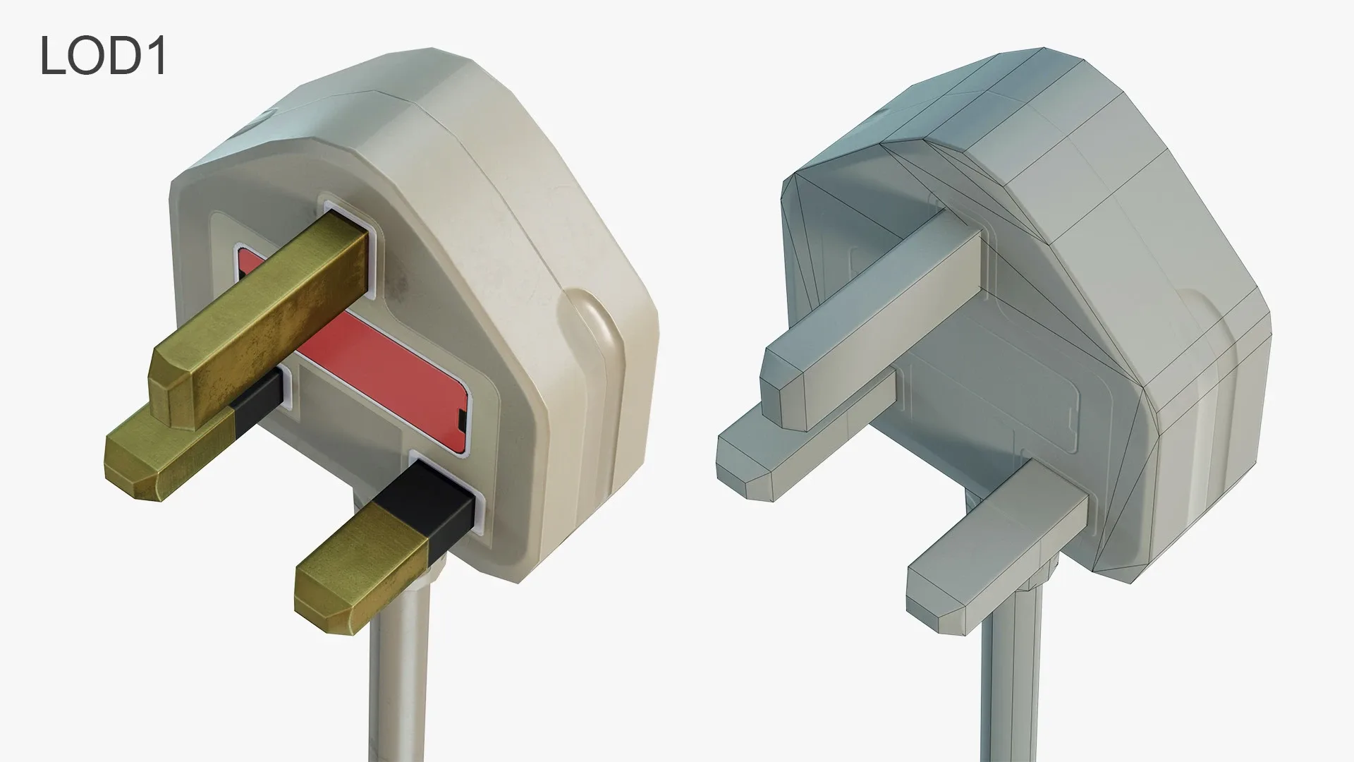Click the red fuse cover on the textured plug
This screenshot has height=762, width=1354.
pos(395,367)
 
